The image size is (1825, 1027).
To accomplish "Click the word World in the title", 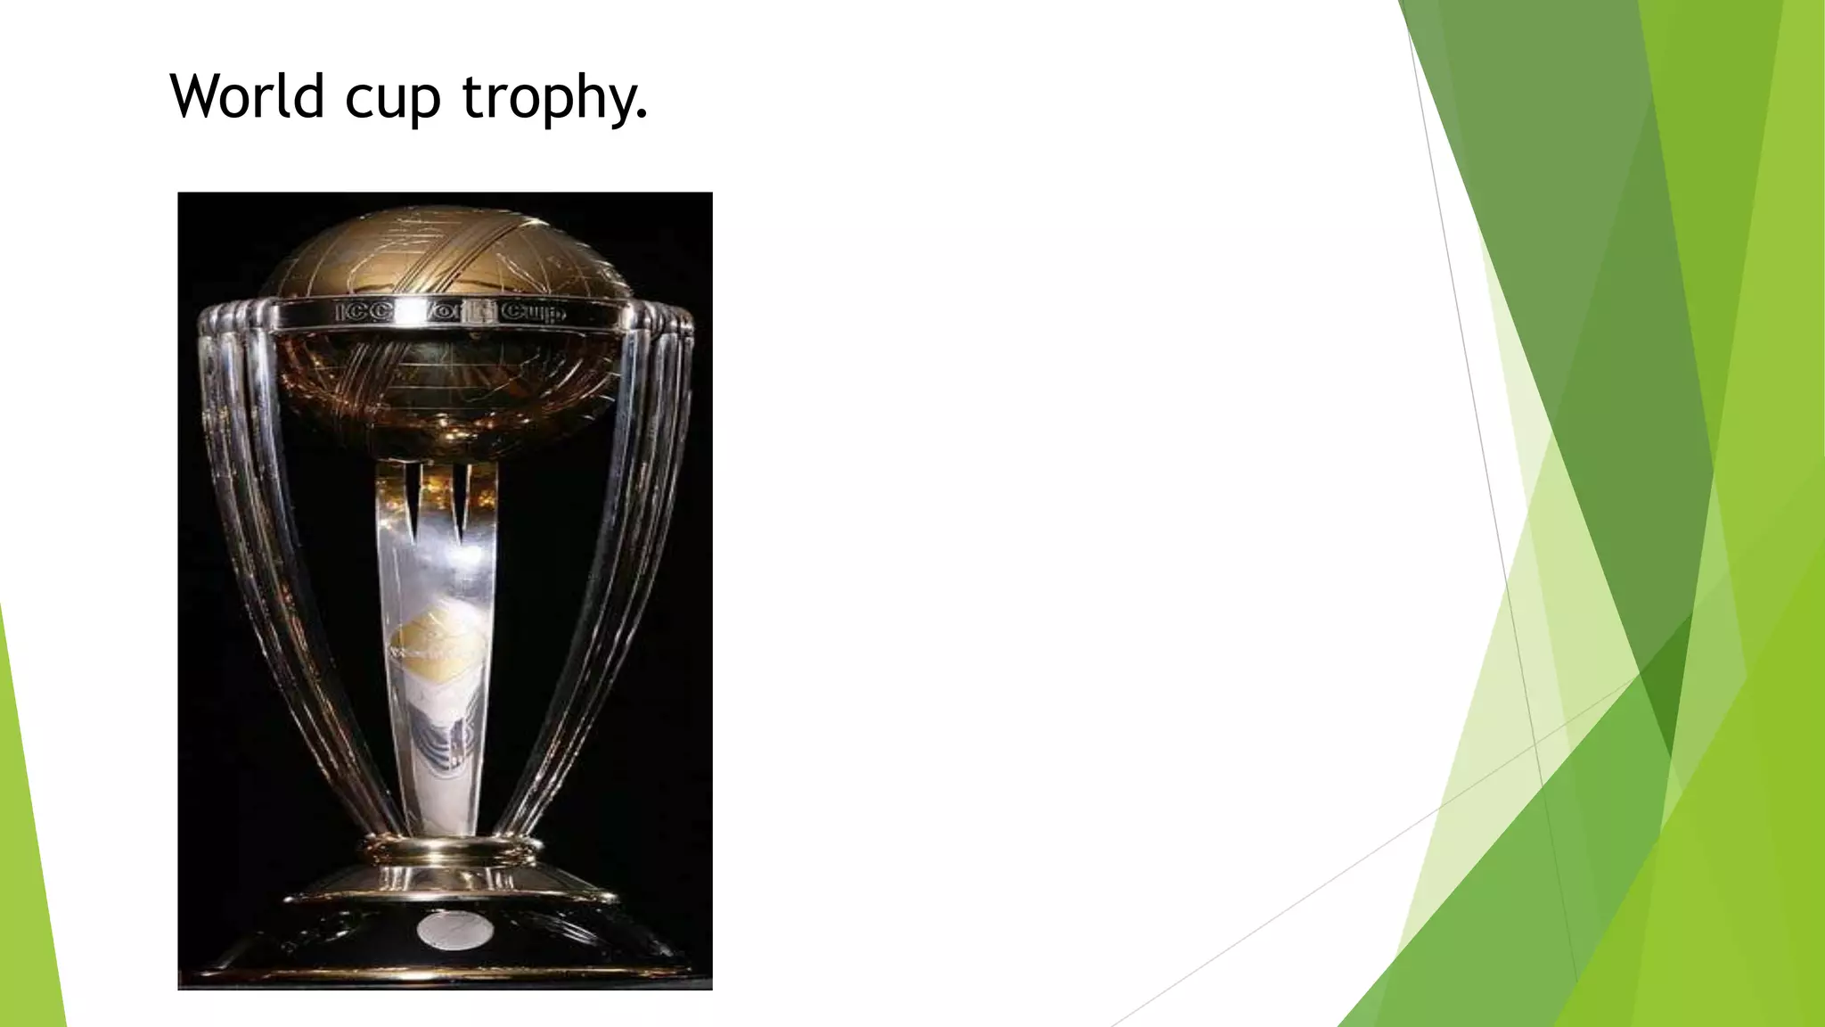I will [247, 95].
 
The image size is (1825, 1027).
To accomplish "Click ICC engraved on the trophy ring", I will [364, 312].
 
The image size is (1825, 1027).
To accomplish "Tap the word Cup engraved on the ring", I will [533, 312].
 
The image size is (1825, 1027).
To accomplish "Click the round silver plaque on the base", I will [454, 931].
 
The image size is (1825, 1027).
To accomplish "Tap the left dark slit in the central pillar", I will [413, 499].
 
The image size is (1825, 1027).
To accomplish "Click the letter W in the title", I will [198, 95].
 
